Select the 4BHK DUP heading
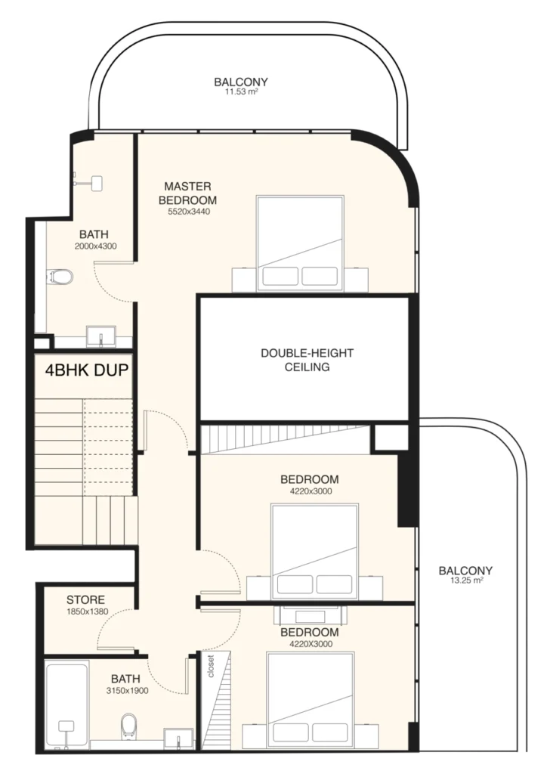(x=85, y=370)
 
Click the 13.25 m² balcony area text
(x=465, y=582)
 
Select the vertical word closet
(x=211, y=665)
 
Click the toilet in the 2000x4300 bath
(x=64, y=277)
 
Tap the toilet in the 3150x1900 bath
(x=128, y=724)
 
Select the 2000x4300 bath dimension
(x=95, y=246)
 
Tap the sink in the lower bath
(x=178, y=739)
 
